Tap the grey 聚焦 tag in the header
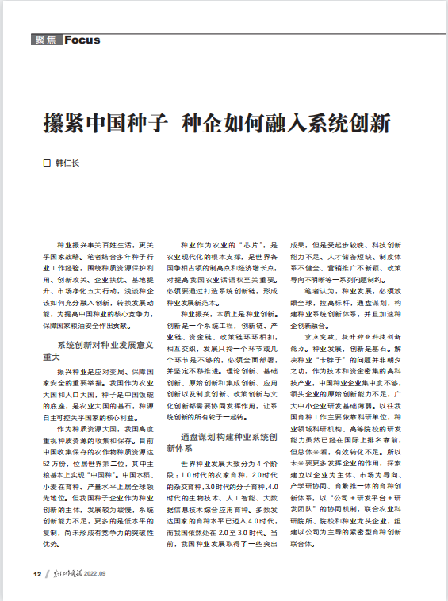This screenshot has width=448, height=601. (47, 40)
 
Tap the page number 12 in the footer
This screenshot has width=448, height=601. (36, 573)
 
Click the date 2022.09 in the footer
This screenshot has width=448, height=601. (104, 573)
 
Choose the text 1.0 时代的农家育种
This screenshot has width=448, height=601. (220, 475)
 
